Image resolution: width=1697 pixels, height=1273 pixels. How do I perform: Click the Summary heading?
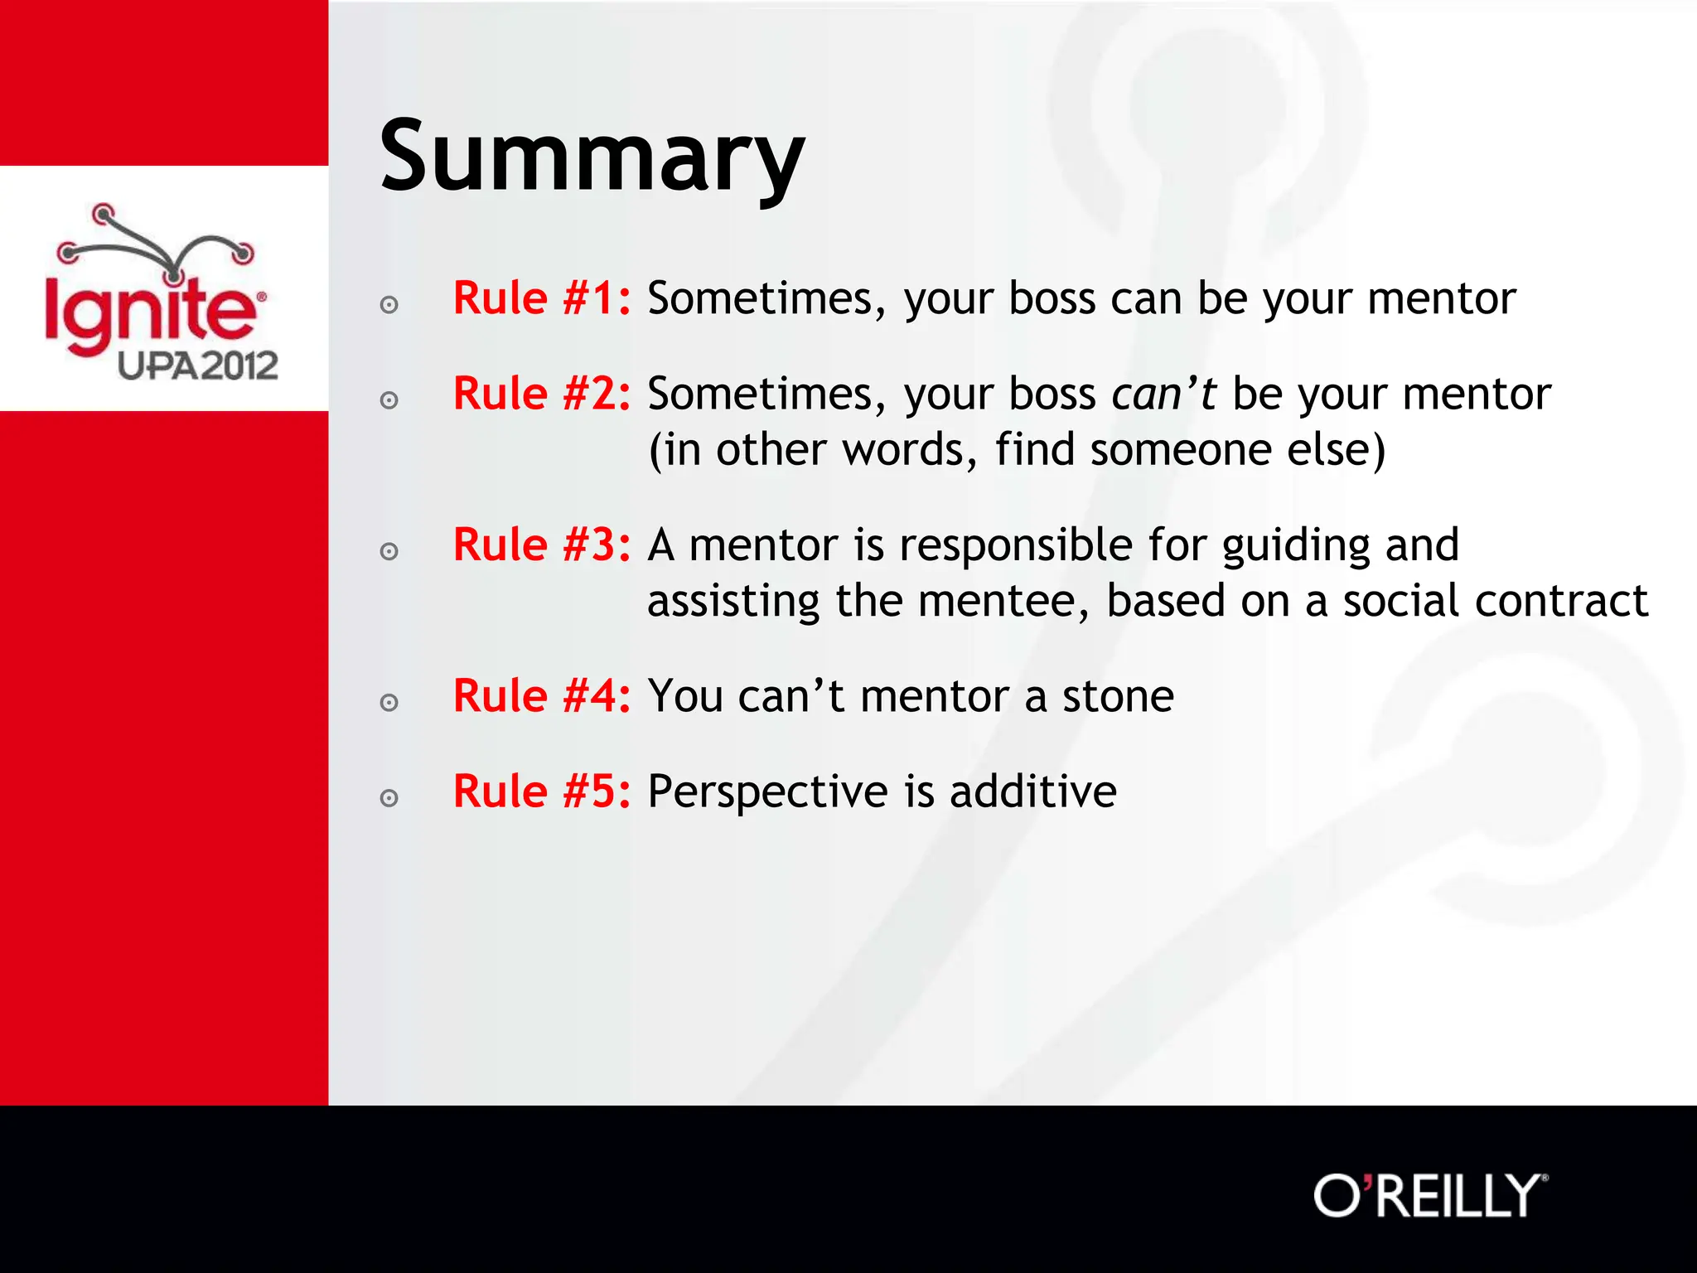click(592, 157)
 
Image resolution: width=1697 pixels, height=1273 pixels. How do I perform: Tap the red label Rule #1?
click(541, 298)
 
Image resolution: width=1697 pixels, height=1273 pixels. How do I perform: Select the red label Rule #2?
click(541, 394)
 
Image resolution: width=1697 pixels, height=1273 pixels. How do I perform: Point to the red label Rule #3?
click(541, 545)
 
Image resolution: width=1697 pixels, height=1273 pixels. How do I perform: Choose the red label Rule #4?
click(541, 696)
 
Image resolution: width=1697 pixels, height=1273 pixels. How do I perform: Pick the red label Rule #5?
click(541, 791)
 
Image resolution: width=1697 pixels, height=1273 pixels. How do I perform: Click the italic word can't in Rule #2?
click(1163, 394)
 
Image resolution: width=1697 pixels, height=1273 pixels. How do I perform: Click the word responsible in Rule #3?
click(1016, 545)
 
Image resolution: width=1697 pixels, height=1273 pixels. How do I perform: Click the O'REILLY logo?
click(1430, 1195)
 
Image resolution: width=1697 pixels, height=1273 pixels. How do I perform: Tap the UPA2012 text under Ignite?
click(197, 365)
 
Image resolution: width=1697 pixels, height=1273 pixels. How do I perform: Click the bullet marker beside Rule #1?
click(389, 305)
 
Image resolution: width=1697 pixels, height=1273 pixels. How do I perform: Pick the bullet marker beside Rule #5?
click(389, 798)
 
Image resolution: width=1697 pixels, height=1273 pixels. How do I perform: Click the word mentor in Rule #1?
click(1441, 298)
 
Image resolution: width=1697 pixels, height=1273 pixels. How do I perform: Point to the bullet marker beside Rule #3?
click(389, 552)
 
